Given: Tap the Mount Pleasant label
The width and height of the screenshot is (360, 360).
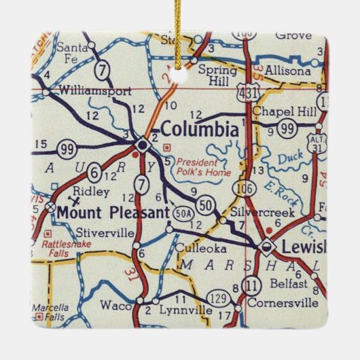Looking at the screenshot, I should (112, 213).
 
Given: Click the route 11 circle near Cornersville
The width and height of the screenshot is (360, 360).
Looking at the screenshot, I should (252, 284).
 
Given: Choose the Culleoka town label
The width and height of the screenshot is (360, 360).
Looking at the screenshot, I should (195, 249).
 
